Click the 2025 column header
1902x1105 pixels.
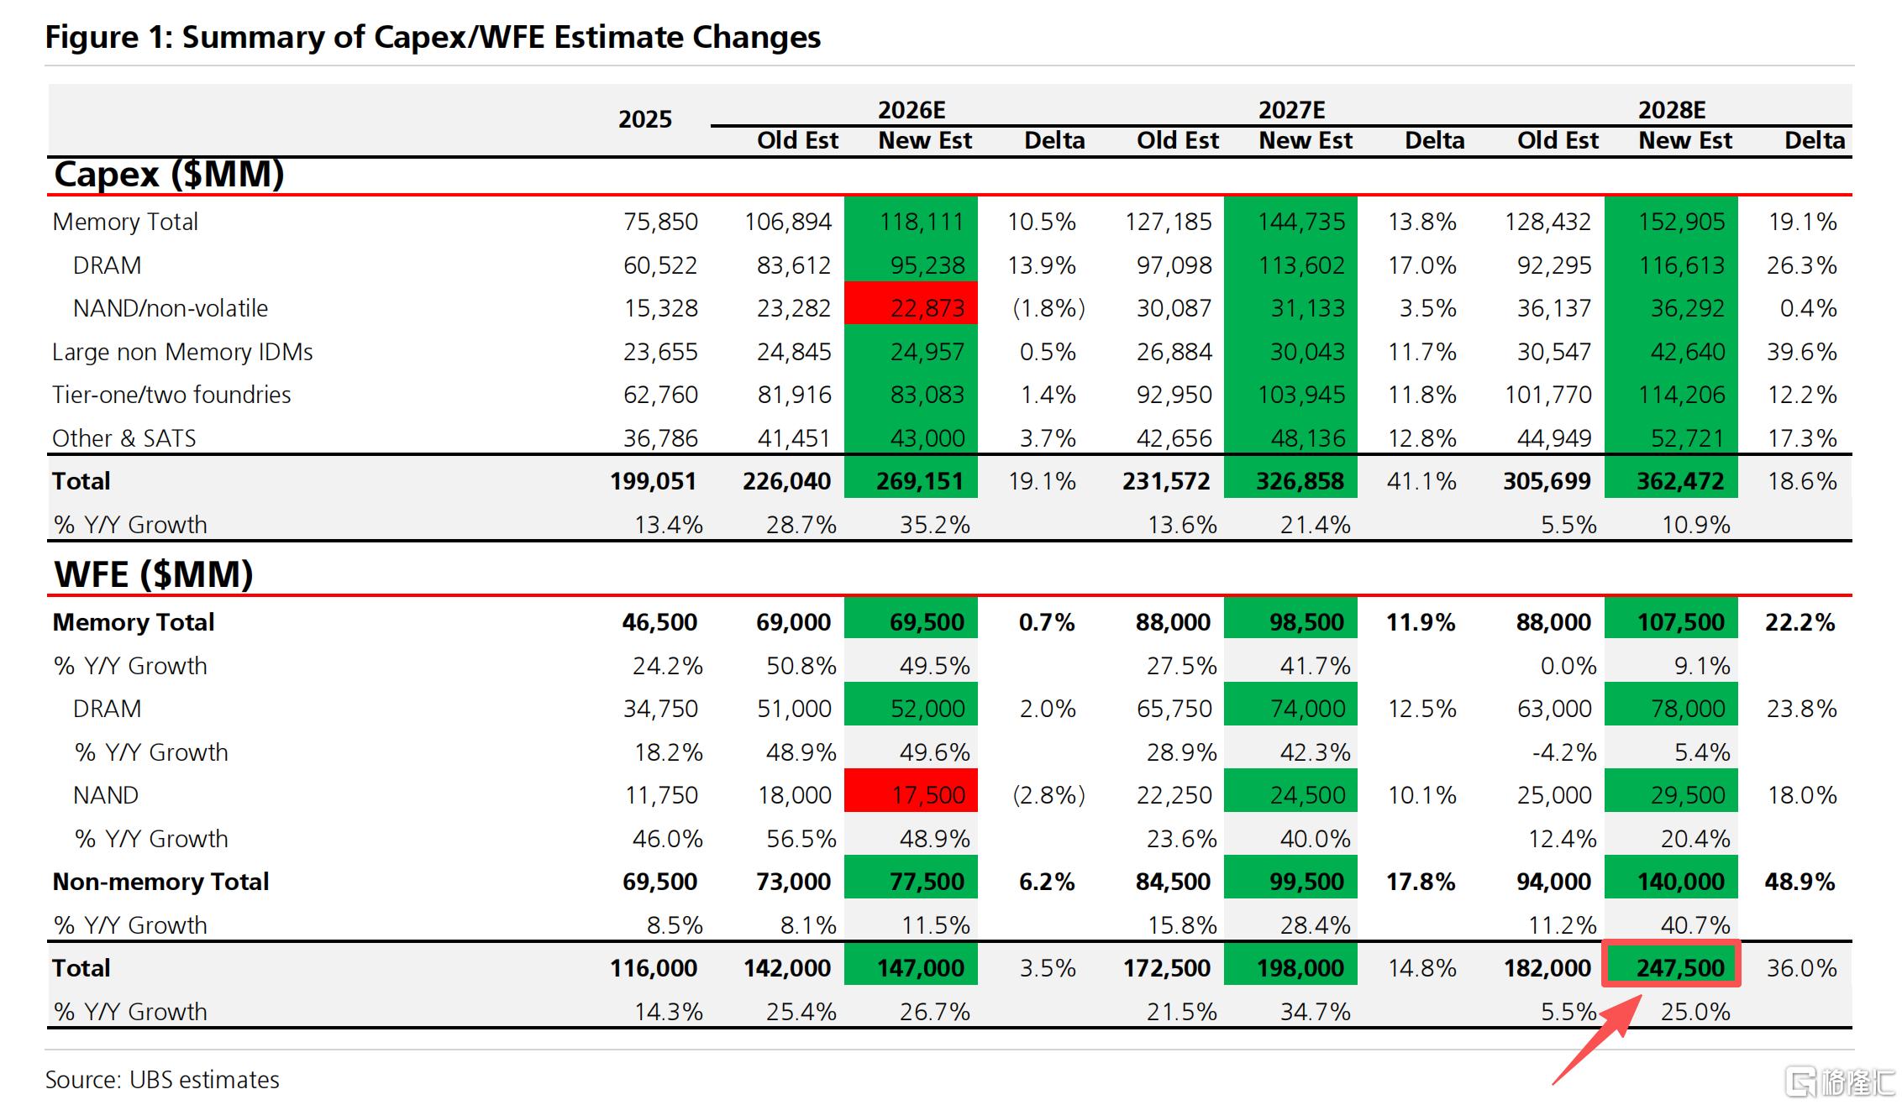point(645,119)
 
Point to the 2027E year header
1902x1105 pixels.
point(1291,110)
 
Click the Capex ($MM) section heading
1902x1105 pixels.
point(169,174)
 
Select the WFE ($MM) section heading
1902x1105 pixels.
point(154,574)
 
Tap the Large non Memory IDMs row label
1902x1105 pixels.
point(182,352)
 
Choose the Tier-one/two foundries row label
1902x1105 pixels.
point(171,395)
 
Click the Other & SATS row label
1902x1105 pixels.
point(124,438)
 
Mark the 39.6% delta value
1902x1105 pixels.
point(1801,352)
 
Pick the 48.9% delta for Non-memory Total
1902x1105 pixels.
point(1800,882)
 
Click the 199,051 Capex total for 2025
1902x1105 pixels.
point(654,481)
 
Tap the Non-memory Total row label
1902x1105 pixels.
point(160,882)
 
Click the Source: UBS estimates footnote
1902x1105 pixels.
point(162,1080)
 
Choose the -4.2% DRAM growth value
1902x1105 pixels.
point(1564,752)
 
